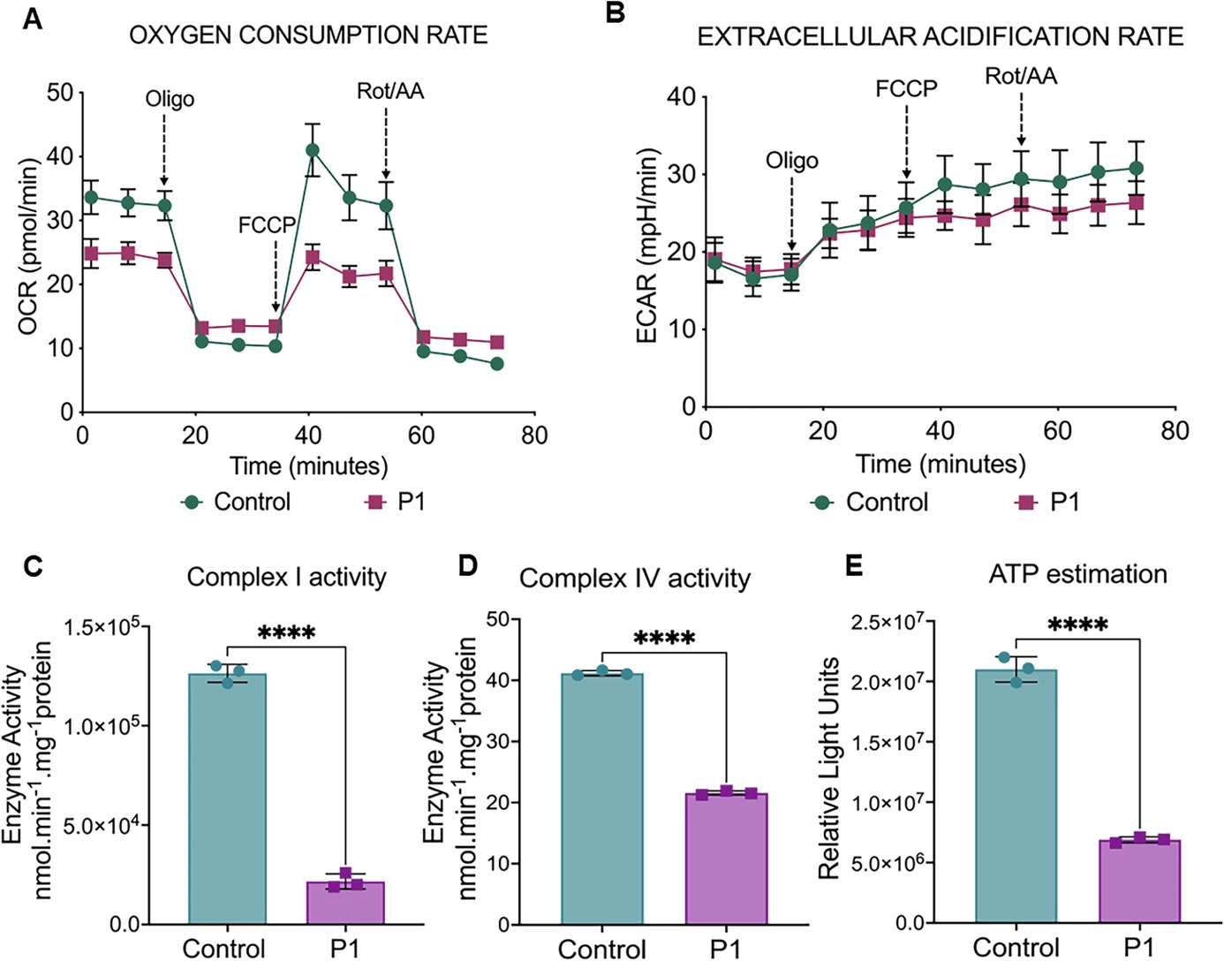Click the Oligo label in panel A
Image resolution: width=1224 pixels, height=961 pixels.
170,99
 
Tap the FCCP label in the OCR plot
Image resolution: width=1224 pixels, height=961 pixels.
266,225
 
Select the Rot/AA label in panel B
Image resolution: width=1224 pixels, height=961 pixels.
1021,76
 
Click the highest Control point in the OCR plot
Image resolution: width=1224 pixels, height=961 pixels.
312,150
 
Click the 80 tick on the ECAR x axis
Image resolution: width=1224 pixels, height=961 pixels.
1175,431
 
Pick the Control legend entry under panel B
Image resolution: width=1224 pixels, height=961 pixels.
870,502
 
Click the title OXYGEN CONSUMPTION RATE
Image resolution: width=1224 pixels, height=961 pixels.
308,35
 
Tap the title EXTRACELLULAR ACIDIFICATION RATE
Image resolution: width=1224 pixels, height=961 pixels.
941,36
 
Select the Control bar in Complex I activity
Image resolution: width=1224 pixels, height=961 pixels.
228,798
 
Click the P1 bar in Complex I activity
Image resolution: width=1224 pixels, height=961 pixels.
345,902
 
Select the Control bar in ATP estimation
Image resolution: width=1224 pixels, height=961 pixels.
1016,796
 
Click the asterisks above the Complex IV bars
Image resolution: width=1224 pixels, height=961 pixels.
664,638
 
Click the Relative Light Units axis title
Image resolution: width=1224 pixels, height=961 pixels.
828,768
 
